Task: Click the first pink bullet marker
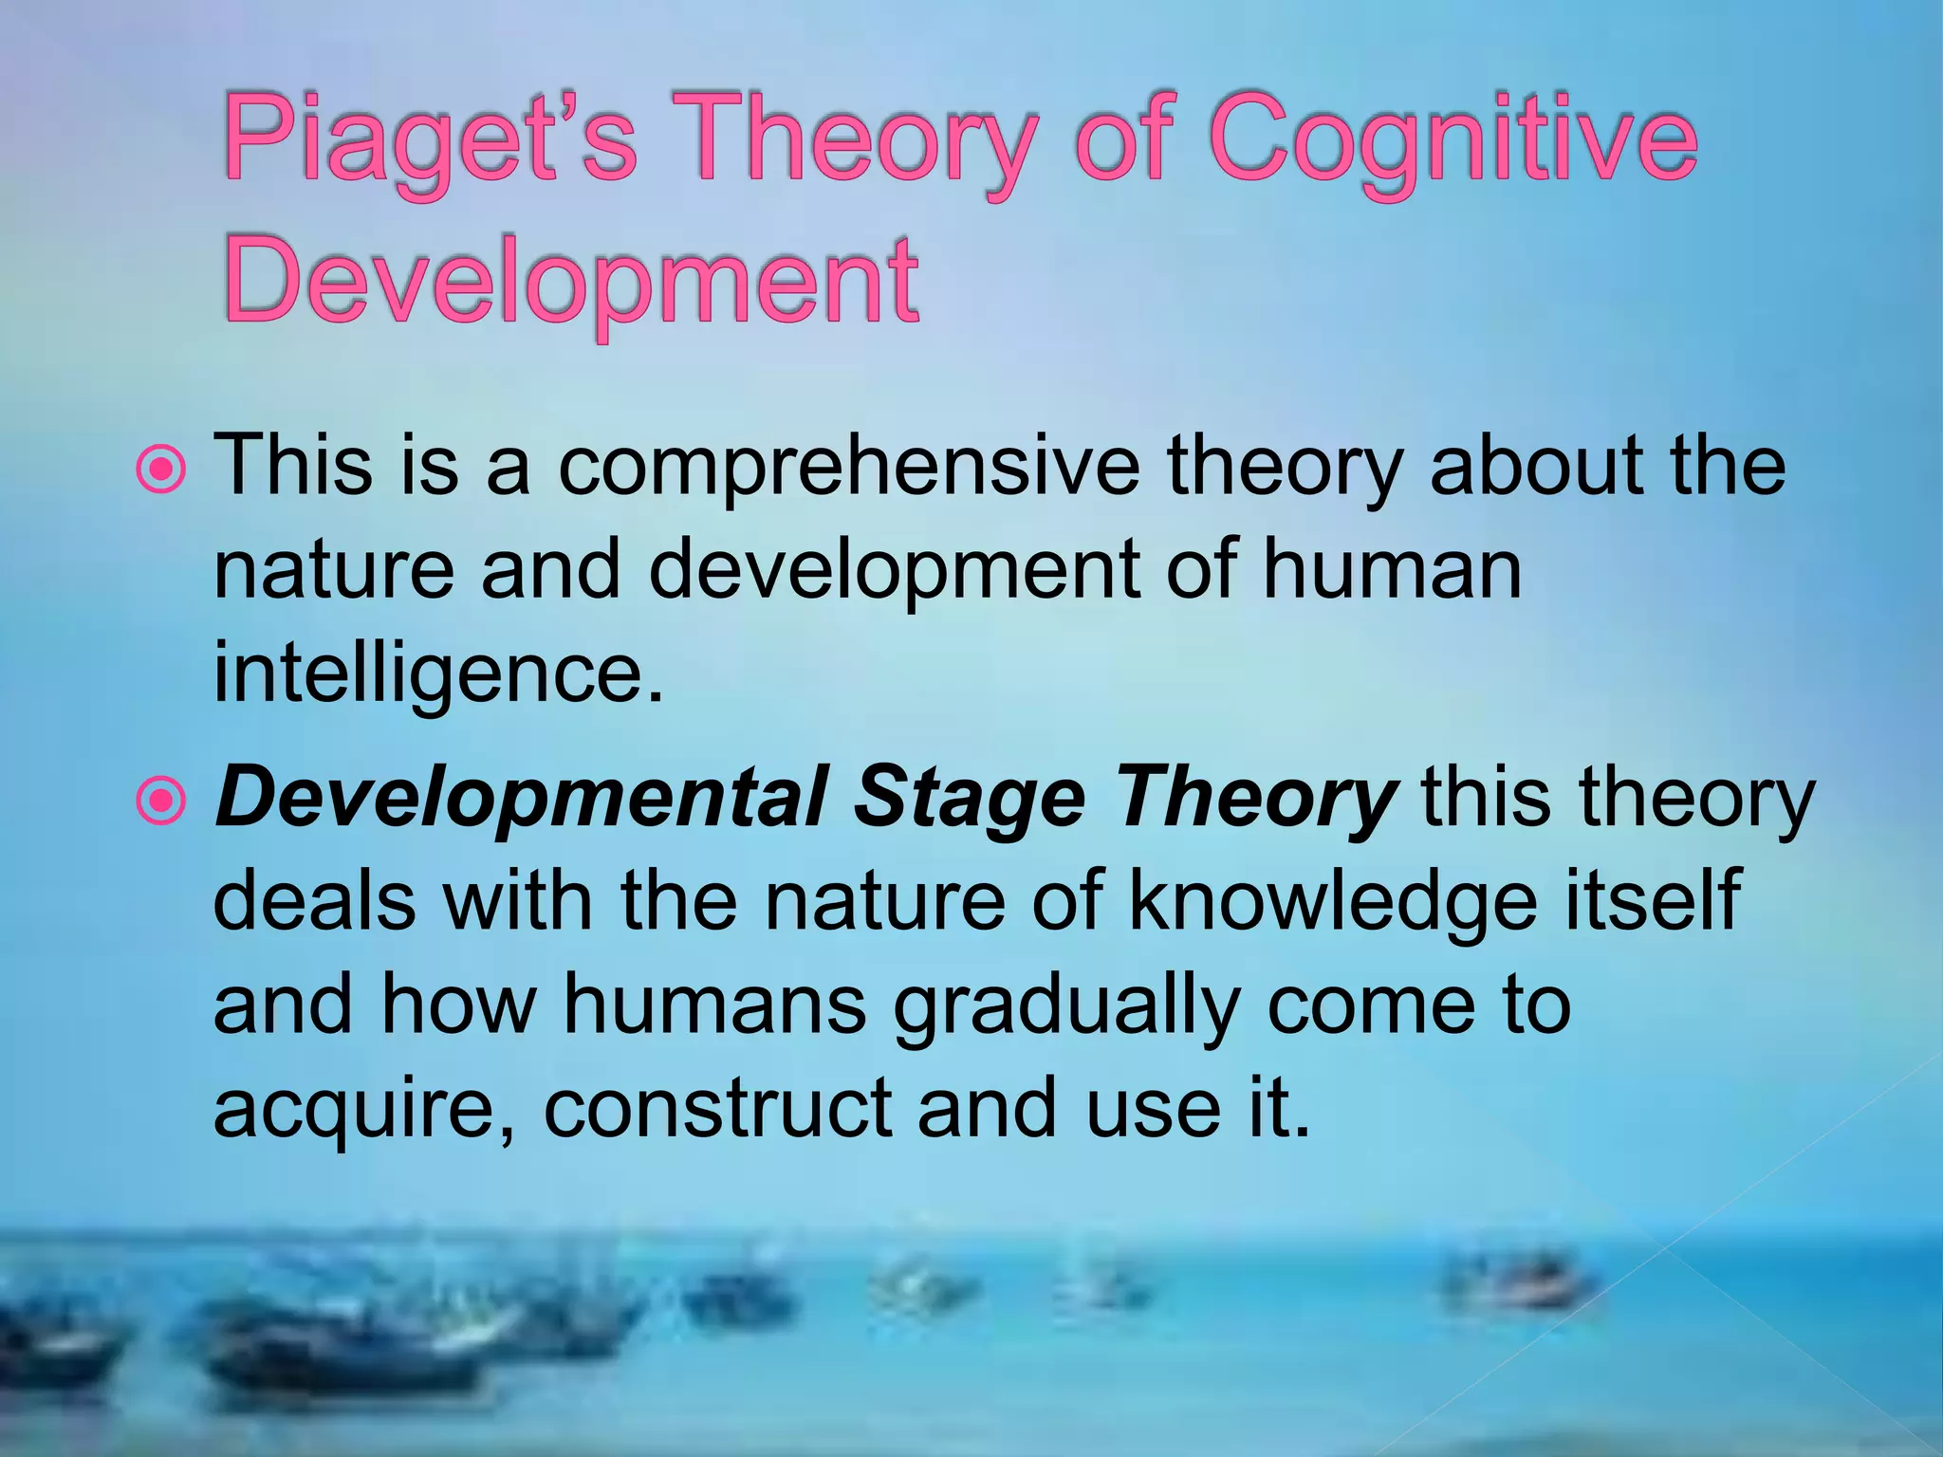pyautogui.click(x=163, y=469)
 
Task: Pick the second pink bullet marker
pyautogui.click(x=163, y=801)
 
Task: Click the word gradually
pyautogui.click(x=1066, y=1005)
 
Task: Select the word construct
pyautogui.click(x=717, y=1108)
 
